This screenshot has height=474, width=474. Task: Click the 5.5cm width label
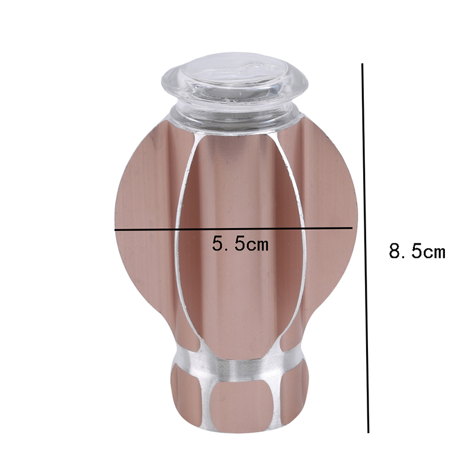(x=240, y=244)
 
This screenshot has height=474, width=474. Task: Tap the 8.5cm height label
(x=417, y=251)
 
